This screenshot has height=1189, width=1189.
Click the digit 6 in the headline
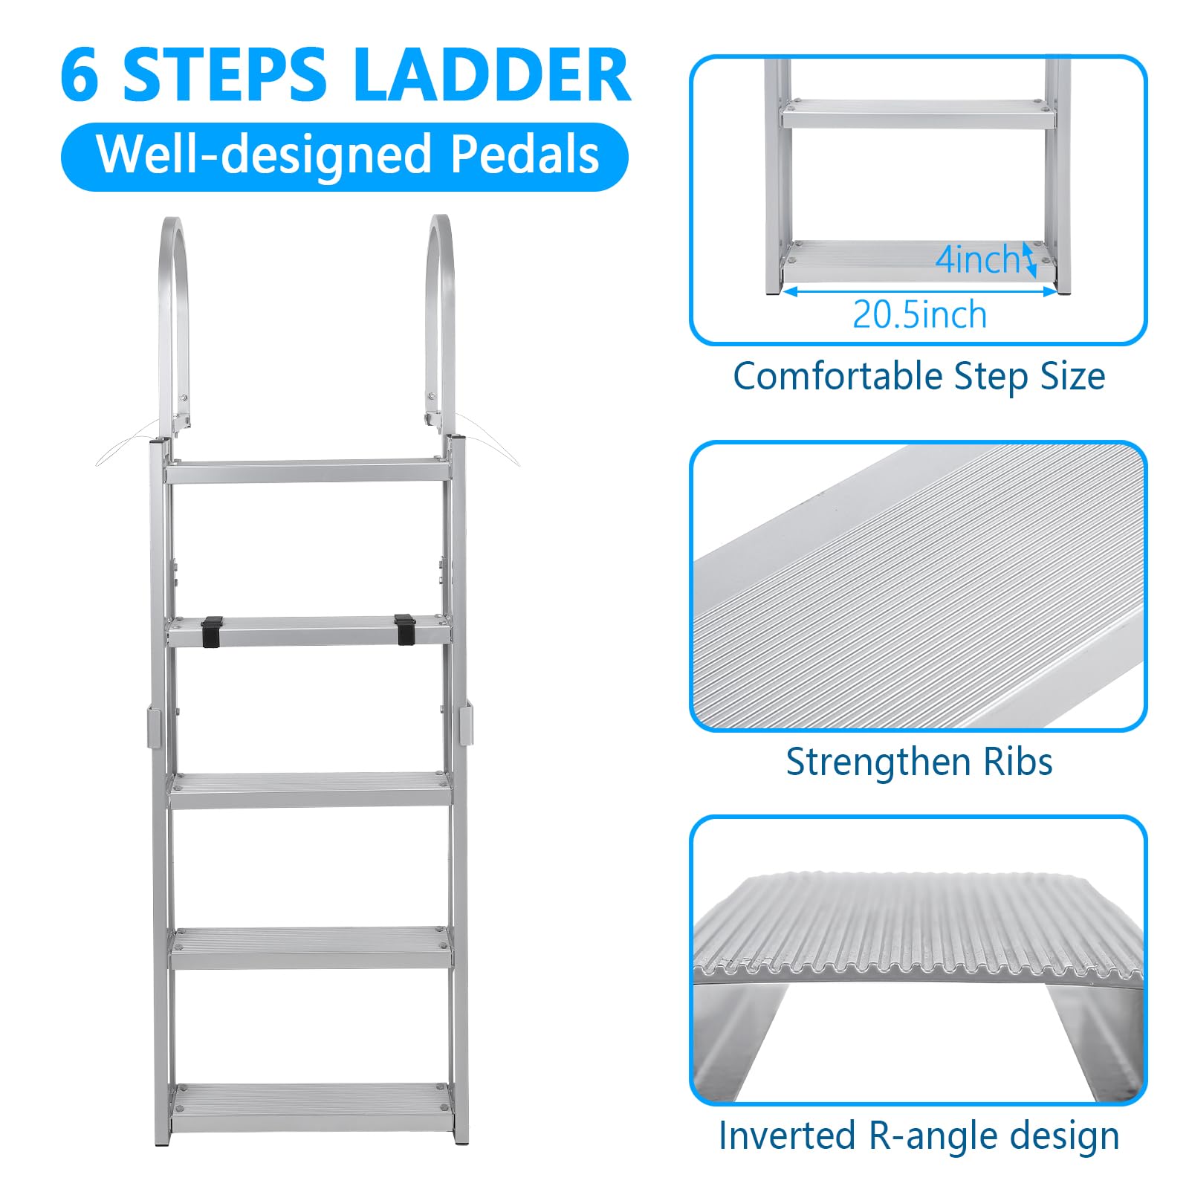coord(80,74)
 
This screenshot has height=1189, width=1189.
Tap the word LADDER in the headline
coord(493,74)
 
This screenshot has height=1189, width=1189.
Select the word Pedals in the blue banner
coord(525,155)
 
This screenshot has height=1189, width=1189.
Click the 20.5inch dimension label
coord(920,314)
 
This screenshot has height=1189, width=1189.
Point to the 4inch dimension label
coord(977,259)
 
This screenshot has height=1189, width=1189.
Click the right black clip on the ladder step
coord(405,629)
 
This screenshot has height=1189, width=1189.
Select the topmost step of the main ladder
coord(308,471)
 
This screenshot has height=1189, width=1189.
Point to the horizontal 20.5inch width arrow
coord(920,291)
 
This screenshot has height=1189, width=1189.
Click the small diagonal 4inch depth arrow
coord(1029,260)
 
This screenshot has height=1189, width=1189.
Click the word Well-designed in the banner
coord(265,155)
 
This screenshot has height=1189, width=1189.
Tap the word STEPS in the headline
coord(225,74)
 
